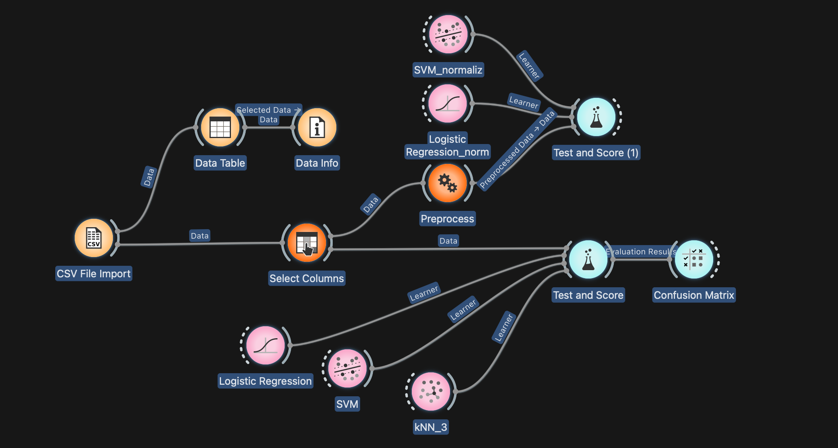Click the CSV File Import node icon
(x=94, y=238)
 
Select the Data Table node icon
(x=220, y=127)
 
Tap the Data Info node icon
(x=317, y=127)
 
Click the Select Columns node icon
(x=307, y=243)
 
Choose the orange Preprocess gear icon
(x=448, y=183)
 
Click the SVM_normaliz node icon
(x=448, y=34)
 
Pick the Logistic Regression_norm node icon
(x=448, y=103)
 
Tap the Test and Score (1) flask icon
(x=596, y=117)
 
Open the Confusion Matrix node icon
(x=694, y=259)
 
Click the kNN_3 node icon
(x=431, y=392)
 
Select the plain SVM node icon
(x=347, y=368)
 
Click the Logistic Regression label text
(x=265, y=381)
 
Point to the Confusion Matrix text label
(x=694, y=295)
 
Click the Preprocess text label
(x=447, y=219)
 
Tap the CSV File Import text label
(x=93, y=274)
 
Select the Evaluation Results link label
(x=640, y=251)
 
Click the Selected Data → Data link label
(x=268, y=114)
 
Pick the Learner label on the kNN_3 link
(x=504, y=327)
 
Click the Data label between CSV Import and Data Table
(x=149, y=177)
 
